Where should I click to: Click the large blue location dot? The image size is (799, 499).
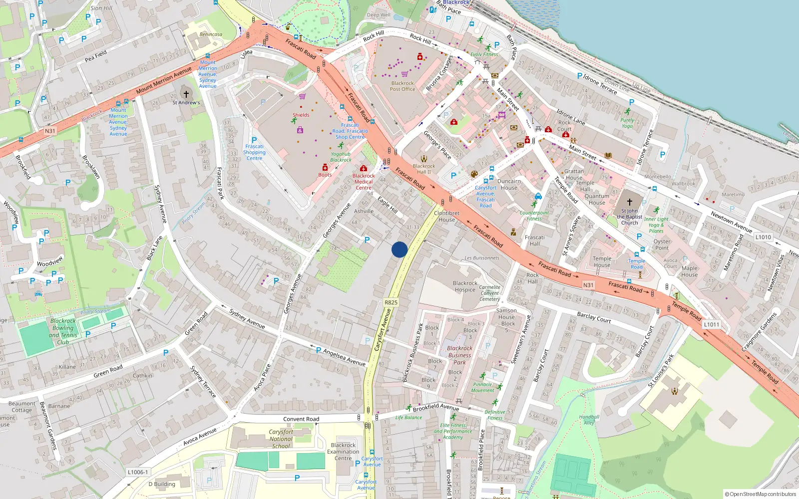399,249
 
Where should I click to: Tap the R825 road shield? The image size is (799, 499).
391,302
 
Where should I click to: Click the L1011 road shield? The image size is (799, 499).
712,324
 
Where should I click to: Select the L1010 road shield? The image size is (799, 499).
763,237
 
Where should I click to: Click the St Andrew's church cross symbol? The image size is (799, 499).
186,94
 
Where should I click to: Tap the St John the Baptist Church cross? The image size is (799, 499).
630,202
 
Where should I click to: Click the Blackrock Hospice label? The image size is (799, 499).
465,286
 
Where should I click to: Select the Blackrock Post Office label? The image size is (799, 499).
402,86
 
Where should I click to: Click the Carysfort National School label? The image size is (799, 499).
281,439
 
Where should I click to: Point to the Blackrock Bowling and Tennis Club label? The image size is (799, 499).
63,331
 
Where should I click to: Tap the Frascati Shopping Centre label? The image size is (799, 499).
254,152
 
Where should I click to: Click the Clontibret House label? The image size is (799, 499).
446,216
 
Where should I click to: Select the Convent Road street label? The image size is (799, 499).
301,419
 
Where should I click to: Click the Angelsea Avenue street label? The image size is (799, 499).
344,357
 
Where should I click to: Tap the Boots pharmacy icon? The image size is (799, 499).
325,168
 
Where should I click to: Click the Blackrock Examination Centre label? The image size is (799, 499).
343,452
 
